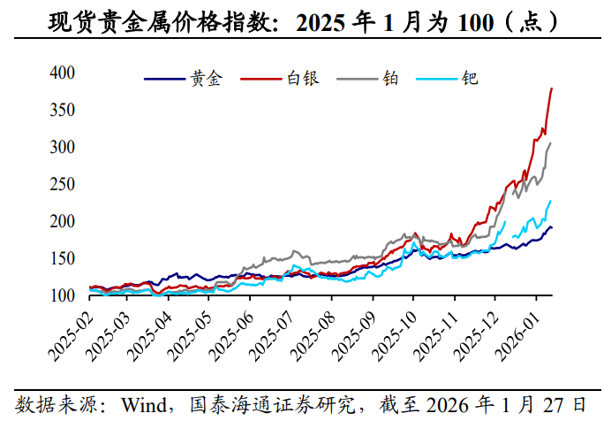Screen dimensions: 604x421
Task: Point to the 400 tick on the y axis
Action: click(x=62, y=73)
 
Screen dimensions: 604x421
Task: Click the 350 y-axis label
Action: click(x=62, y=110)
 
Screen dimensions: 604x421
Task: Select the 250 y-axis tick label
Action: click(x=62, y=184)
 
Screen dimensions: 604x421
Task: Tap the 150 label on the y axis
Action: click(x=62, y=258)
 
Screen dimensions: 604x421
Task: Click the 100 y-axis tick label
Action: click(x=62, y=295)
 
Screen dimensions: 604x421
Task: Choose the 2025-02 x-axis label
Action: click(x=72, y=336)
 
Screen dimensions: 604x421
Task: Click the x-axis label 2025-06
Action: click(x=232, y=336)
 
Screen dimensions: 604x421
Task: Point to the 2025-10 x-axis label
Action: click(x=396, y=336)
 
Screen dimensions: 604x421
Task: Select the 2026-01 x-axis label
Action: click(x=517, y=336)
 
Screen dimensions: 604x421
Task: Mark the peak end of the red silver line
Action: click(x=552, y=88)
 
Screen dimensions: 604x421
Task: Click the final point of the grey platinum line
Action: click(x=550, y=143)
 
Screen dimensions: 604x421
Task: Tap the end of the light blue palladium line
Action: click(x=550, y=201)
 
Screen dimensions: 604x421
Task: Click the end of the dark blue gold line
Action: click(x=552, y=227)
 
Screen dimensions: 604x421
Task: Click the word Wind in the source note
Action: click(x=144, y=405)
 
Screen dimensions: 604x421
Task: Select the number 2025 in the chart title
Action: click(x=321, y=23)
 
